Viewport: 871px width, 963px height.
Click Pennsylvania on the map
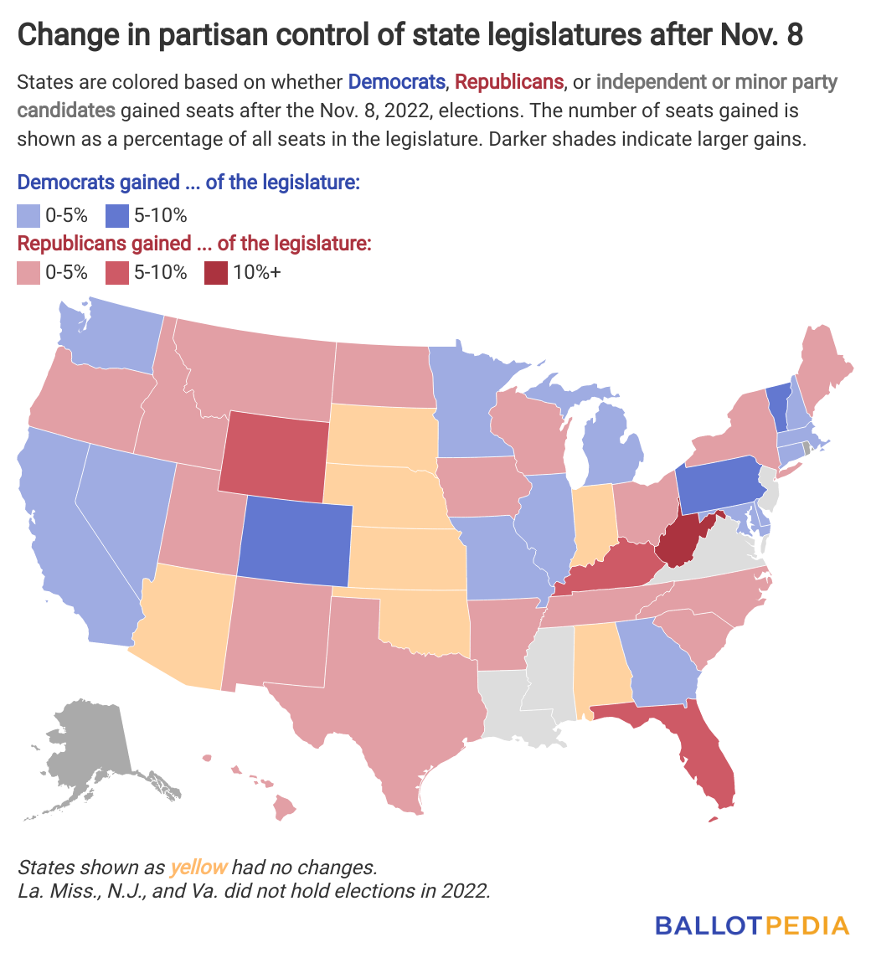click(719, 486)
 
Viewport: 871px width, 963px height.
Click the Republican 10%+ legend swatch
click(216, 272)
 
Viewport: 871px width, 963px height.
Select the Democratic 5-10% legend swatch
click(117, 215)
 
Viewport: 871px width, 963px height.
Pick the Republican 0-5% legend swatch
click(28, 272)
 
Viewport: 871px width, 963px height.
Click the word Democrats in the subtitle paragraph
click(396, 82)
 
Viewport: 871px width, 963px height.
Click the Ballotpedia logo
click(751, 925)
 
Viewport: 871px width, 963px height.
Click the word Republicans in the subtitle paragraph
click(509, 82)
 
